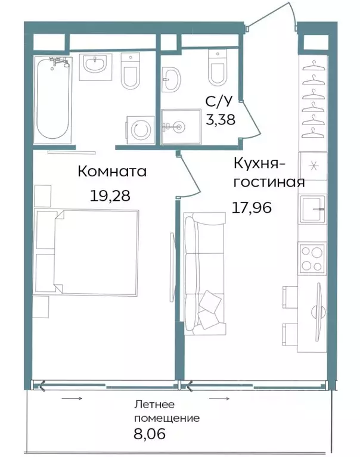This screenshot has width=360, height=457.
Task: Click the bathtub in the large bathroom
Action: (x=53, y=99)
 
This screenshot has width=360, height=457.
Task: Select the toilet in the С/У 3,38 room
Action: (x=217, y=67)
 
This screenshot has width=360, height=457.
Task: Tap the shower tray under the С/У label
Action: (x=181, y=126)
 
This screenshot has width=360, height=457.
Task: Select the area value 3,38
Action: (x=221, y=119)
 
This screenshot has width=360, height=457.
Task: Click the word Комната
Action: (x=113, y=172)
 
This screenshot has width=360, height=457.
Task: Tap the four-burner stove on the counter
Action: (x=312, y=257)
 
